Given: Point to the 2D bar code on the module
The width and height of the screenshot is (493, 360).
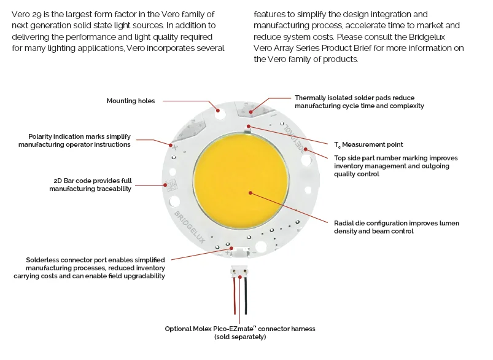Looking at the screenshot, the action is [170, 184].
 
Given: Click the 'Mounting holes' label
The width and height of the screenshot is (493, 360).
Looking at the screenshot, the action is [131, 101].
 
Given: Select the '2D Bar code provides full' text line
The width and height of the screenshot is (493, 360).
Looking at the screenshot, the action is [93, 181].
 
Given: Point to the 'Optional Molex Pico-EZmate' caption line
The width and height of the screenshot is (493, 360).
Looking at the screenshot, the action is [240, 329].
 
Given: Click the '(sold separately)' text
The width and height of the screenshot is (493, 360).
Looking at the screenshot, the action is [240, 337].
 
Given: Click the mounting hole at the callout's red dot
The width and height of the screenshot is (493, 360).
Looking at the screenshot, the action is [218, 111].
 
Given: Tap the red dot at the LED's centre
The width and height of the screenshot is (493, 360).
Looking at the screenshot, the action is [250, 193].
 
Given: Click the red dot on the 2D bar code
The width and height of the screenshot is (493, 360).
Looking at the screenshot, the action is [165, 184].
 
